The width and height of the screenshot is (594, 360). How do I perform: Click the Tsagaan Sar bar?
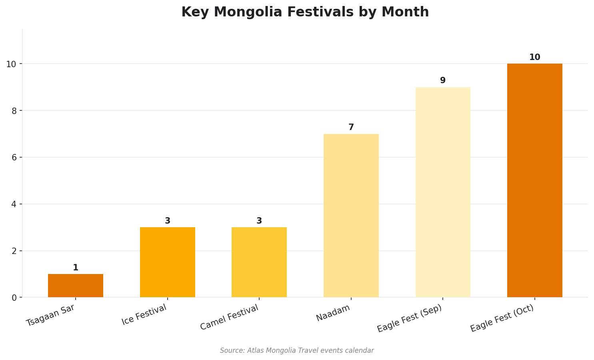tap(76, 286)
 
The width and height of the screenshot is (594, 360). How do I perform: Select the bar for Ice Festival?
tap(168, 262)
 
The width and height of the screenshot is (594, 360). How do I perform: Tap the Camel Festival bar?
tap(259, 262)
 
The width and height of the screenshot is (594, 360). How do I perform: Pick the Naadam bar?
tap(351, 216)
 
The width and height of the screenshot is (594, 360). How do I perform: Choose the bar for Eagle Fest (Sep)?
tap(443, 192)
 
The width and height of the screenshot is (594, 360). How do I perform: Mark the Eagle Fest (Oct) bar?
tap(535, 180)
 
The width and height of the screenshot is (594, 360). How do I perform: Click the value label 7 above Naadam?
tap(351, 128)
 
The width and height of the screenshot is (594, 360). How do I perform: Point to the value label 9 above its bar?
tap(443, 81)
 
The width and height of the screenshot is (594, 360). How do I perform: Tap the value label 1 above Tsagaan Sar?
tap(76, 268)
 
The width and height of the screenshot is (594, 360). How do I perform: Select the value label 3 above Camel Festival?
tap(259, 221)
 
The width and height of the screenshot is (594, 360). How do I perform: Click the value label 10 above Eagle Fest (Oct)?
tap(535, 58)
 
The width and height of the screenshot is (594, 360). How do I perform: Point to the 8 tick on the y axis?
tap(14, 111)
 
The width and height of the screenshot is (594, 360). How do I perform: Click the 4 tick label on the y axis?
tap(14, 204)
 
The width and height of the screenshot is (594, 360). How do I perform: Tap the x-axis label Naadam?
tap(333, 313)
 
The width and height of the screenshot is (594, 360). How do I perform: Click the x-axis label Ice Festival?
tap(144, 315)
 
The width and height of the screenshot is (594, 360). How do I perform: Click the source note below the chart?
tap(297, 351)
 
